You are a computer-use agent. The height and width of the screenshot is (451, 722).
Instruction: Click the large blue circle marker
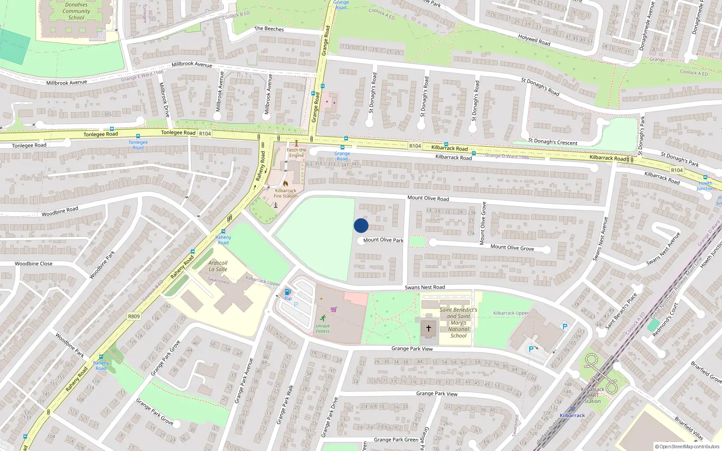[361, 225]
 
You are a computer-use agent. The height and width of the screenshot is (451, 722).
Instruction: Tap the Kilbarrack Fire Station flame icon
[286, 184]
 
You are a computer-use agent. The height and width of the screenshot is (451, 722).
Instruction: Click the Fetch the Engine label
[296, 152]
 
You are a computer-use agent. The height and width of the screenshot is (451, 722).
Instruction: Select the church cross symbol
[429, 328]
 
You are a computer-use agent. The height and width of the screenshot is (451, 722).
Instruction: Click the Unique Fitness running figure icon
[323, 318]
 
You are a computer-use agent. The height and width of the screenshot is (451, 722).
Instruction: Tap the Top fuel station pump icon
[287, 292]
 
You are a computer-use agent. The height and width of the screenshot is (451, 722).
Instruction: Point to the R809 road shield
[134, 316]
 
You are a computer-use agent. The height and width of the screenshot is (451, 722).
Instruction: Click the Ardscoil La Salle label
[218, 266]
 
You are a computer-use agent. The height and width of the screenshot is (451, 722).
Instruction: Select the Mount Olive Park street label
[383, 240]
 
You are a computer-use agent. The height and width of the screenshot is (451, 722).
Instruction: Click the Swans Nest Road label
[425, 287]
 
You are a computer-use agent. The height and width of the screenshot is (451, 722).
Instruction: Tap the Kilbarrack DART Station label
[592, 395]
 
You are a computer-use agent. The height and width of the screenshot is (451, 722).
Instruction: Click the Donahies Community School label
[76, 11]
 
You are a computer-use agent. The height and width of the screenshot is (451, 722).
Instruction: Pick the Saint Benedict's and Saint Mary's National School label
[458, 322]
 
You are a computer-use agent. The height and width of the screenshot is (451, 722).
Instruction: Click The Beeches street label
[269, 29]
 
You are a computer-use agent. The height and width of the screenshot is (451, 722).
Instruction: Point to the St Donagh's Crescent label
[552, 142]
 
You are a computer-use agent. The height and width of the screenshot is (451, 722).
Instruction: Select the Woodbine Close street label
[33, 264]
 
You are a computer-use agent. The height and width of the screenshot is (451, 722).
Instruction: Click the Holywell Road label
[534, 40]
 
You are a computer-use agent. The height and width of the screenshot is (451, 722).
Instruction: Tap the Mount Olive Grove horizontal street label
[512, 247]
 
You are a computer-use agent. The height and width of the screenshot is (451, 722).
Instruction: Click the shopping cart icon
[334, 309]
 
